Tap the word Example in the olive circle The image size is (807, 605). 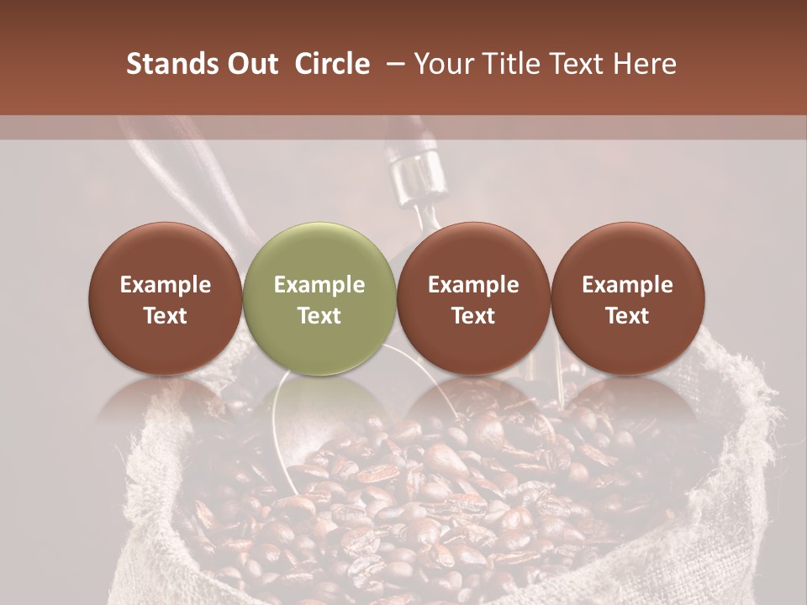coord(319,285)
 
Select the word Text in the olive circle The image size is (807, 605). coord(319,316)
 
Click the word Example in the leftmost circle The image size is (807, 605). coord(166,285)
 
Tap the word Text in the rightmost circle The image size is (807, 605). coord(628,316)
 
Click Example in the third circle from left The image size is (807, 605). coord(473,285)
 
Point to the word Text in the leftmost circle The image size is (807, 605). coord(166,316)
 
